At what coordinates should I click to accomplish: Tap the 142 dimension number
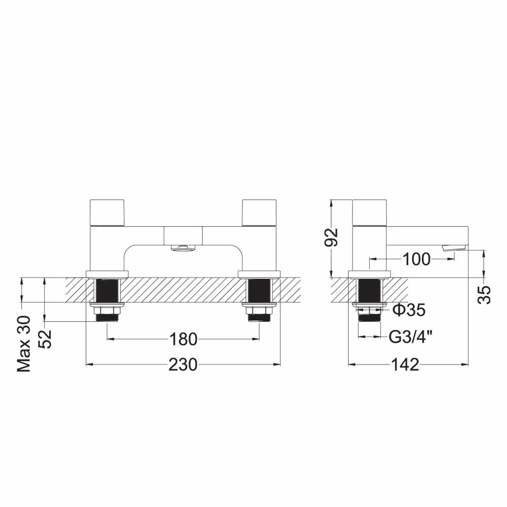click(406, 365)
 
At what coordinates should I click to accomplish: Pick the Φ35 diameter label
click(409, 310)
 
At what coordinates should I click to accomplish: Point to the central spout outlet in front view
click(183, 247)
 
